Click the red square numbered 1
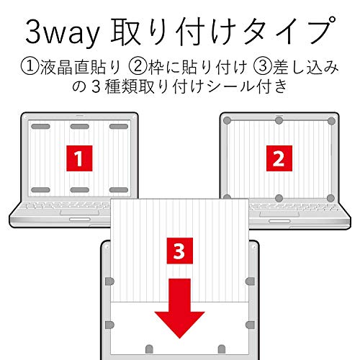point(79,158)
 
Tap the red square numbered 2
point(279,158)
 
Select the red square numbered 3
point(180,251)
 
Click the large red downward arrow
point(179,308)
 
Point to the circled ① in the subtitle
point(30,67)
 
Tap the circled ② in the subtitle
point(138,67)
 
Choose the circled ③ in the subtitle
point(263,67)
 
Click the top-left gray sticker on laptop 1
point(40,127)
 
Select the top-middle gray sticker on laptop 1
point(80,127)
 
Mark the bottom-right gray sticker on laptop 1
point(119,190)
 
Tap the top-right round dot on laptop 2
point(331,121)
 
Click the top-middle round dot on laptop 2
point(279,120)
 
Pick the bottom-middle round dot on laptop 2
point(279,198)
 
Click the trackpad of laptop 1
point(80,212)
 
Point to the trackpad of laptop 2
point(279,214)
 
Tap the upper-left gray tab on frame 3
point(109,282)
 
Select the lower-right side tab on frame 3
point(250,325)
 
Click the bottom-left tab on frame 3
point(149,349)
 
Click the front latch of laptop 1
point(80,220)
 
